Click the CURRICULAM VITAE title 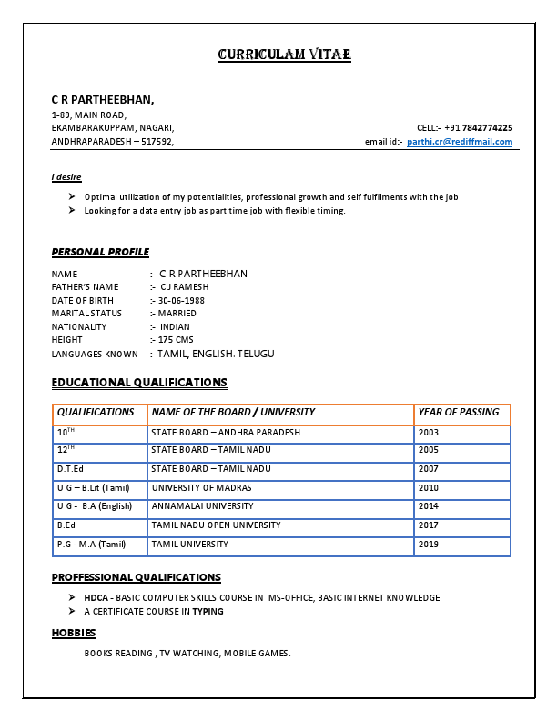click(x=284, y=55)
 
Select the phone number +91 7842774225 click(x=478, y=128)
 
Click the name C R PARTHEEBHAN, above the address click(x=103, y=99)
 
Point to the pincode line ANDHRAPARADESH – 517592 click(x=112, y=142)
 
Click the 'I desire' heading click(x=66, y=176)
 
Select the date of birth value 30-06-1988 click(x=181, y=300)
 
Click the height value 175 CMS click(x=177, y=340)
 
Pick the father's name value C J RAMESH click(x=178, y=287)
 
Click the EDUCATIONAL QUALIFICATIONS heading click(x=139, y=383)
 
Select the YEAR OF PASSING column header click(x=459, y=413)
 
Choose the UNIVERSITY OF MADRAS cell click(x=201, y=488)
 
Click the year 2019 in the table click(x=429, y=545)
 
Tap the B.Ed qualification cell click(x=66, y=525)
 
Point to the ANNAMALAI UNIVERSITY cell click(x=202, y=506)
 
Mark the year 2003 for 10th click(x=429, y=433)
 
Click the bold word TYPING click(x=208, y=612)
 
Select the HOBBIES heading click(x=74, y=633)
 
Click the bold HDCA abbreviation click(x=96, y=598)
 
